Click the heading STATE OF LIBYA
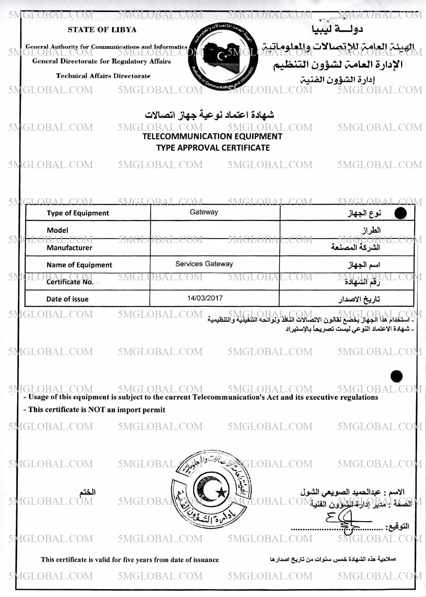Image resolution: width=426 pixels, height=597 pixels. tap(102, 30)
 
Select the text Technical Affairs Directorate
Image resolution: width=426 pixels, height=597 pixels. tap(103, 76)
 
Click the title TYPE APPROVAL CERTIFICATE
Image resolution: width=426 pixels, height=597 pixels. tap(213, 148)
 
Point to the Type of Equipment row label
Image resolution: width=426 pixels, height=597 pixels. tap(78, 213)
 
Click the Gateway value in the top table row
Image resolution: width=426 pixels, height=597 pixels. tap(204, 212)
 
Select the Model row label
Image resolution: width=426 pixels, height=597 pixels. tap(57, 230)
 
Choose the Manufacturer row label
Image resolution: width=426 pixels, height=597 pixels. tap(69, 248)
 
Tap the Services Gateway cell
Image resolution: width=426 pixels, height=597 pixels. tap(204, 264)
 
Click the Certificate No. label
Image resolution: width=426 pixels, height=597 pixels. tap(70, 282)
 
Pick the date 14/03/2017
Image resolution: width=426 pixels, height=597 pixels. tap(205, 298)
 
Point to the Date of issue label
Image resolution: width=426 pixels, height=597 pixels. tap(67, 299)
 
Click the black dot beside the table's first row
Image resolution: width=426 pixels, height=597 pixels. tap(400, 213)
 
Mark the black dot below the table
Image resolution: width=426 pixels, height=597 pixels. tap(397, 376)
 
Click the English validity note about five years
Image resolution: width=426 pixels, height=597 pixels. tap(130, 560)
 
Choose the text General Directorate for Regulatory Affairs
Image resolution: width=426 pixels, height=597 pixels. tap(102, 61)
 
